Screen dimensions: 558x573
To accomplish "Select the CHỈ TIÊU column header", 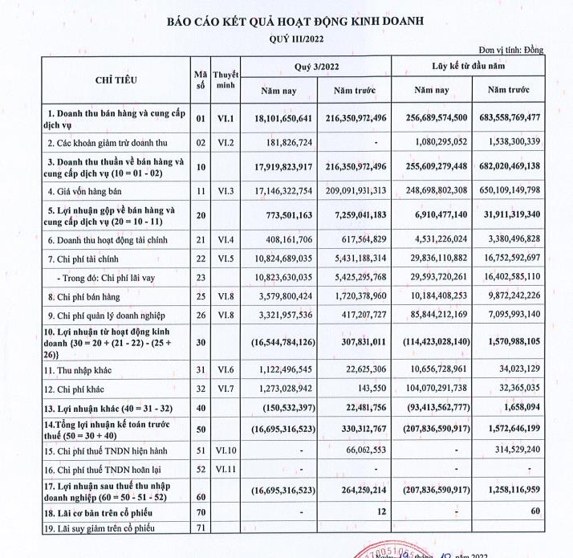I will (x=116, y=80).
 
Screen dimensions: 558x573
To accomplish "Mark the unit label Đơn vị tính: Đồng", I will (x=510, y=50).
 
